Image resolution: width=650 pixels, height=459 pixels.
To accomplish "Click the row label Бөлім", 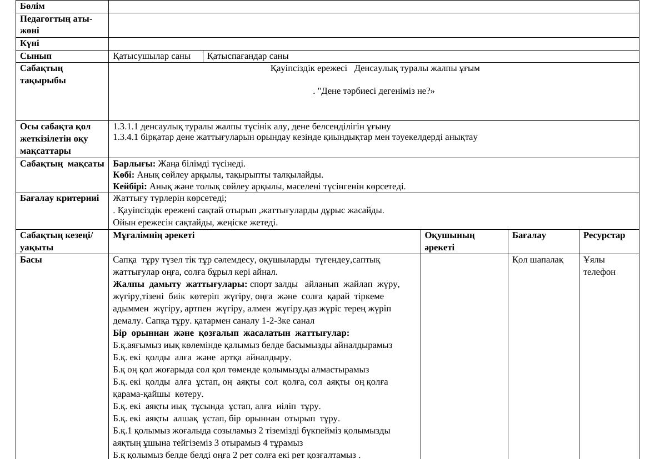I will click(32, 6).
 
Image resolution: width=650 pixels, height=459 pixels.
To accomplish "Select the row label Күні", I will click(29, 43).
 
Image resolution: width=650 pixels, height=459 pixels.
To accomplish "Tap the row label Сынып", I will click(36, 56).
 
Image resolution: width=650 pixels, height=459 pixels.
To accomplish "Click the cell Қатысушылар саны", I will click(152, 56).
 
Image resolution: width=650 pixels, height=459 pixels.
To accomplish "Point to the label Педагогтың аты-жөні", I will click(56, 25).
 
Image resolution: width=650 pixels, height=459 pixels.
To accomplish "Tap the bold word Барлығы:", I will click(134, 164).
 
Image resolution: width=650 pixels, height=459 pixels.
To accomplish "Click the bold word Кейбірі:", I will click(130, 186).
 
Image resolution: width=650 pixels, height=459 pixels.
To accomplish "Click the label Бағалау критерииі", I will click(59, 198).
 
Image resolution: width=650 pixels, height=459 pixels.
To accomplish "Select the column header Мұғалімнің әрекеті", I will click(153, 235).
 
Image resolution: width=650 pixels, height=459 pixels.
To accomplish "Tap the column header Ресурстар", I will click(604, 235).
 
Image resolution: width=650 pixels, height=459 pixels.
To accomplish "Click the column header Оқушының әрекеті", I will click(449, 241).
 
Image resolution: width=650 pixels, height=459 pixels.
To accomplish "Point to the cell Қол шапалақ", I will click(538, 260).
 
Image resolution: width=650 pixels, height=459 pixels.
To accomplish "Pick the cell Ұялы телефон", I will click(599, 266).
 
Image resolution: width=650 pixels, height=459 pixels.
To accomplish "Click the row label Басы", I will click(31, 260).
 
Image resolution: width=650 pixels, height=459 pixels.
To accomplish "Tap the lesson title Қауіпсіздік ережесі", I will click(308, 68).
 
